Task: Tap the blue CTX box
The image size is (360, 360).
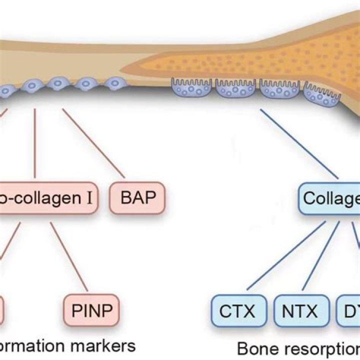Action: coord(237,310)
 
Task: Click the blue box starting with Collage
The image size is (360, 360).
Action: coord(330,198)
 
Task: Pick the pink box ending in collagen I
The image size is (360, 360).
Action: coord(47,198)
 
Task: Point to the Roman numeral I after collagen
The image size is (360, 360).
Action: coord(89,198)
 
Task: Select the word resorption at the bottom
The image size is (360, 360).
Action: coord(320,348)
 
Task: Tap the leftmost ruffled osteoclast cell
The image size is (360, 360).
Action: coord(190,87)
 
